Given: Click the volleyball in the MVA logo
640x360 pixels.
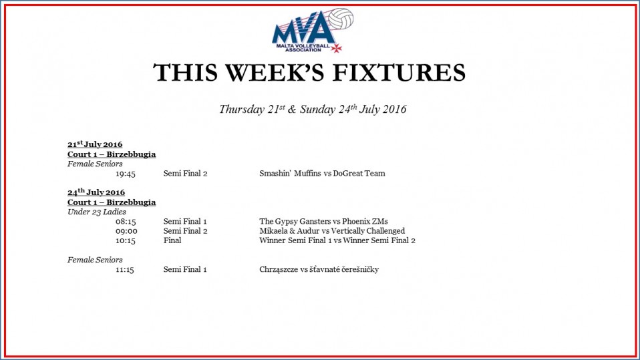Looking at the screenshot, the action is point(341,19).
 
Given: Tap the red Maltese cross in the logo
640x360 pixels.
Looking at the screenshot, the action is point(336,48).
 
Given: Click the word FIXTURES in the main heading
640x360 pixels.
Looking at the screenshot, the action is point(399,73).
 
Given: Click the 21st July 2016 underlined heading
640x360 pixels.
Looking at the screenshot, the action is point(95,144).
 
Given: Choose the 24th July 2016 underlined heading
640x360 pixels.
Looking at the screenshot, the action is point(96,192).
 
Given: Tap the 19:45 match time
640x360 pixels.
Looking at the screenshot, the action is point(126,174).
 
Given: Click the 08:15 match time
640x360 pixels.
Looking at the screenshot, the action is point(126,222).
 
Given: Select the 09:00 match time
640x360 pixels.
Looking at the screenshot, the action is point(126,231).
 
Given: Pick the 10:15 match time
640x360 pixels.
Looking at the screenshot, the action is point(126,241).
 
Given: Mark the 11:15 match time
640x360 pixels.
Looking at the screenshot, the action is point(124,270).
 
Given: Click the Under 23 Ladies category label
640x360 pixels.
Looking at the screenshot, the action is point(97,212).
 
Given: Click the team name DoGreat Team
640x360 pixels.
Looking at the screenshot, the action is point(359,174).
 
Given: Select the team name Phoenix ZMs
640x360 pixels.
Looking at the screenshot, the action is point(365,222).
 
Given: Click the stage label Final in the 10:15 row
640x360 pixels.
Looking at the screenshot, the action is point(172,240).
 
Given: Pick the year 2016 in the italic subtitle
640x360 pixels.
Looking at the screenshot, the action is point(394,110).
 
